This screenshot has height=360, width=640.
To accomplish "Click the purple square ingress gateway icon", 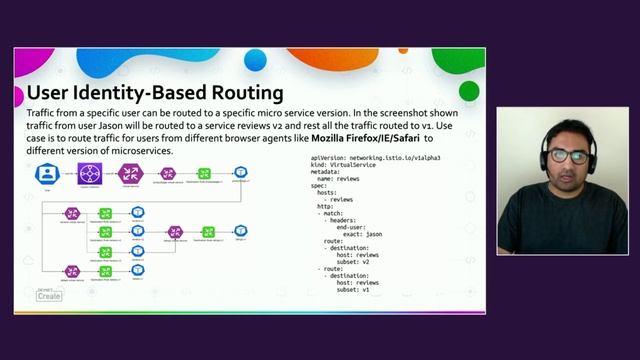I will click(x=90, y=173).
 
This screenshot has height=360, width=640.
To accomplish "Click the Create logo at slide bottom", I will click(x=48, y=295).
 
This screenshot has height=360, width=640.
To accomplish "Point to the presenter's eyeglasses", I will click(x=566, y=156).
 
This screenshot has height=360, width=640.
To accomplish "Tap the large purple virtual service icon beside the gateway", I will click(x=130, y=173).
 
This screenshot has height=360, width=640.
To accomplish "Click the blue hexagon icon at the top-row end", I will click(x=241, y=173).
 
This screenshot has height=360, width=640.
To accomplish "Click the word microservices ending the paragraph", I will click(x=143, y=150).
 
